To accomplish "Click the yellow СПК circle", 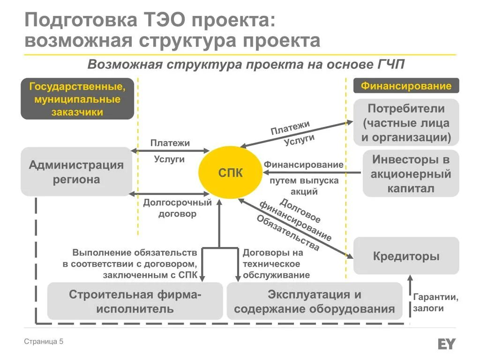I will point(230,172).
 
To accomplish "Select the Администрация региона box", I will point(76,172).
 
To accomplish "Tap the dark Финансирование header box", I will point(406,86).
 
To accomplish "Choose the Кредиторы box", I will point(406,256).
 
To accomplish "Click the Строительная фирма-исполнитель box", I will point(135,301).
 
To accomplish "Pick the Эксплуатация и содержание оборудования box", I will point(314,301).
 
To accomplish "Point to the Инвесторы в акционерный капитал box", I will point(411,173).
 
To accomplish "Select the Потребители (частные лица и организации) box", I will point(406,122).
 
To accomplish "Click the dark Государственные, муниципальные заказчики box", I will point(77,99).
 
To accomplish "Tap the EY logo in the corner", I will point(446,344).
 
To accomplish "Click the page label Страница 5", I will point(44,342).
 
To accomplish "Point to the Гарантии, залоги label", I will point(435,303).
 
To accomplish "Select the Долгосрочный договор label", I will point(177,208).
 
